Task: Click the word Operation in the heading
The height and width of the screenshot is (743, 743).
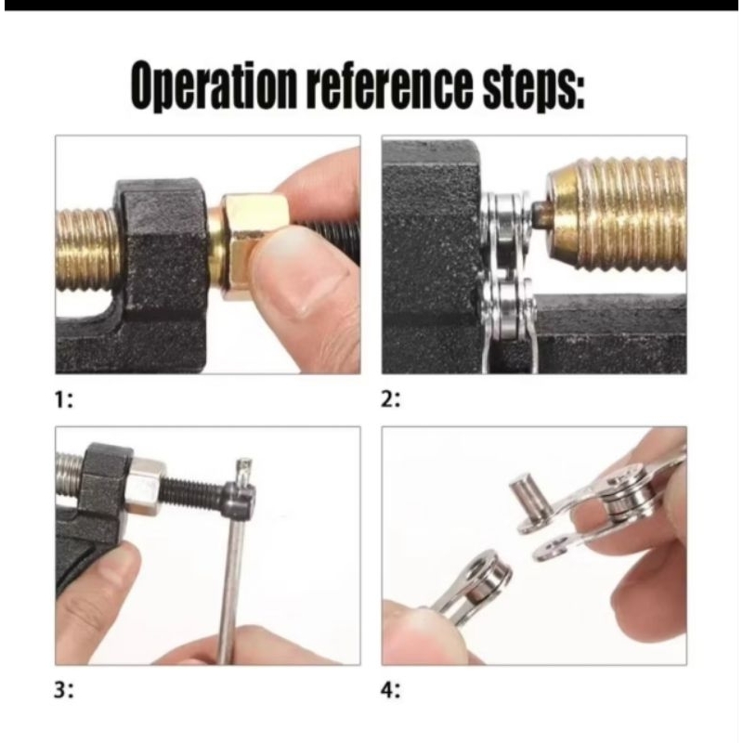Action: point(215,85)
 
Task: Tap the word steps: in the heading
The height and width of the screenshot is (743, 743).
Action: point(533,86)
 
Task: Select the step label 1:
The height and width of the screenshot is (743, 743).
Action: point(63,401)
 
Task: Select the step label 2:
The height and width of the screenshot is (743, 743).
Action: point(390,401)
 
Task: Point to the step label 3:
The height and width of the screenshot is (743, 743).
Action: point(63,691)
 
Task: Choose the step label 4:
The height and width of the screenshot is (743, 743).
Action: point(390,691)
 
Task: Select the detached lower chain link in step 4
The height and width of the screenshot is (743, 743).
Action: point(473,588)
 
